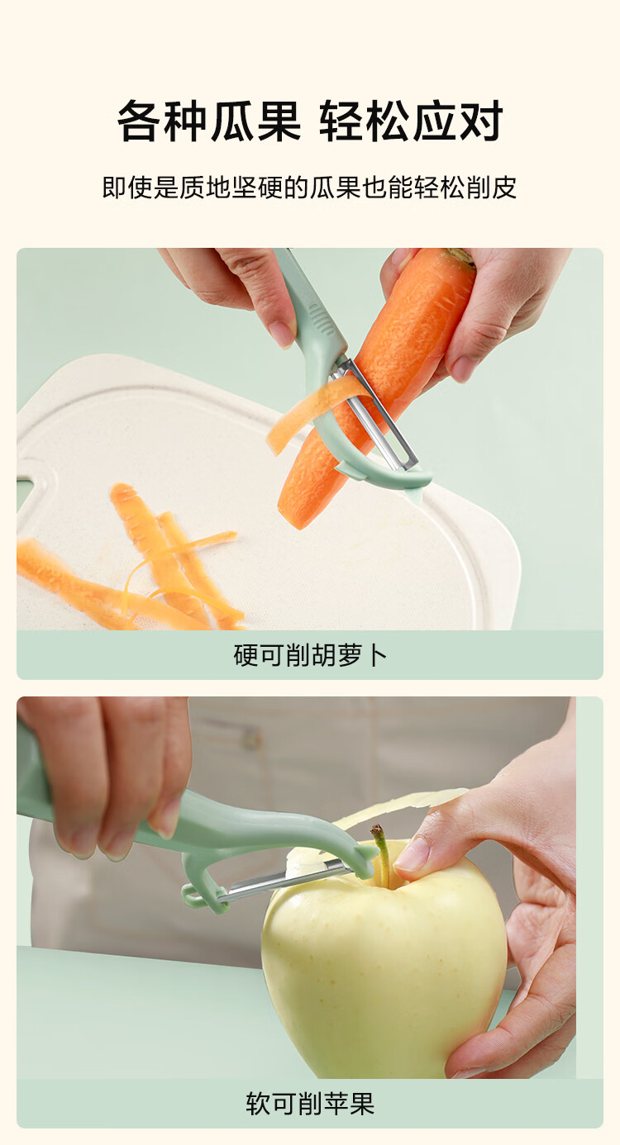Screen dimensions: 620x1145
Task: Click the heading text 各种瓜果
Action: click(208, 121)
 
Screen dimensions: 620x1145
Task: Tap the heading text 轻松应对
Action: click(412, 121)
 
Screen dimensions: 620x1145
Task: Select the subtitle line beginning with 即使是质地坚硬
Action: click(309, 188)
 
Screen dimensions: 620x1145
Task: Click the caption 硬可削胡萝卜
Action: click(310, 655)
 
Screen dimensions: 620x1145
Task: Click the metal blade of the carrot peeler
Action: click(376, 414)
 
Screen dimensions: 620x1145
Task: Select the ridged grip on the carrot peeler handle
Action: click(318, 317)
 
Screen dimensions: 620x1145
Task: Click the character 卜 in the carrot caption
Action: click(376, 655)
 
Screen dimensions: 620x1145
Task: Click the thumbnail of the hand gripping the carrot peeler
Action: click(282, 335)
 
